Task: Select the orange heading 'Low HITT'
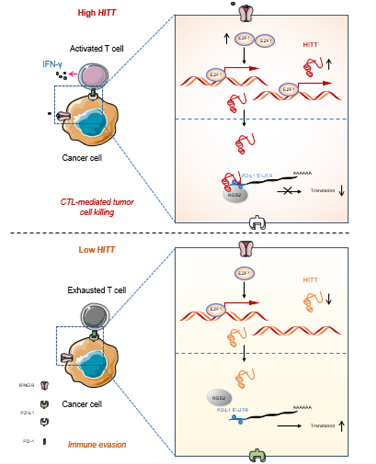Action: click(96, 249)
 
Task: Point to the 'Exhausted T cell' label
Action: click(97, 290)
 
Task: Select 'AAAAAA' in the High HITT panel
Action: click(303, 173)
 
